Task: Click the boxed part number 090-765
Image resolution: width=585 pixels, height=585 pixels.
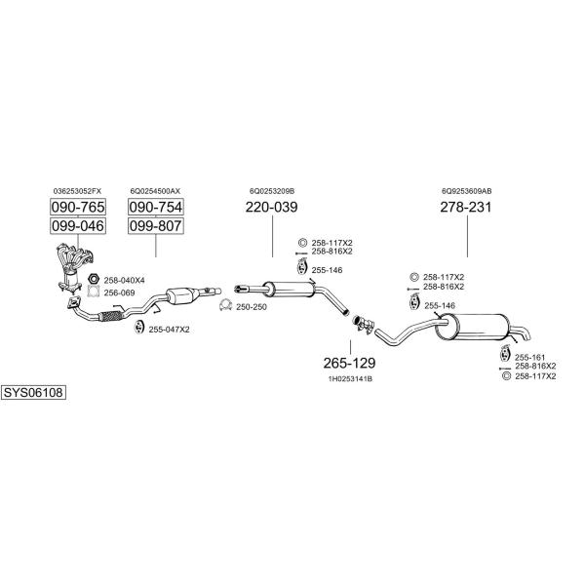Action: click(x=78, y=208)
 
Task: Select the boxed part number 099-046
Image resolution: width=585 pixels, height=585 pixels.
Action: click(x=78, y=227)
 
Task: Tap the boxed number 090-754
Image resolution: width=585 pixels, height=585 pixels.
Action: click(x=156, y=208)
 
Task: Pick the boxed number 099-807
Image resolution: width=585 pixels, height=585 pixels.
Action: click(x=156, y=227)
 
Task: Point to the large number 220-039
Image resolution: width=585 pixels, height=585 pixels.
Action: click(x=271, y=208)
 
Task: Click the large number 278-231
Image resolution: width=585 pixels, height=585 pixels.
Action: click(x=466, y=208)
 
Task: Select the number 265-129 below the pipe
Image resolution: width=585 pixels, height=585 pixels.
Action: click(x=350, y=363)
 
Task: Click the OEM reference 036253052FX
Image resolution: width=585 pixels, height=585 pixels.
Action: click(x=78, y=191)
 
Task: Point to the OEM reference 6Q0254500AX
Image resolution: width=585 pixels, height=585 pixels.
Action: click(x=156, y=191)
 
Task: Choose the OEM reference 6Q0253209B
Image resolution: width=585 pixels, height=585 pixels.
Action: click(x=272, y=191)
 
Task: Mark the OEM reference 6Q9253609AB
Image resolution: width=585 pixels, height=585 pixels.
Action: click(x=467, y=191)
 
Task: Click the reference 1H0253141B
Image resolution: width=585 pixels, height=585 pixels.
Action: click(x=350, y=378)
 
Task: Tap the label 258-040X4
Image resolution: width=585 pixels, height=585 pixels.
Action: click(x=124, y=280)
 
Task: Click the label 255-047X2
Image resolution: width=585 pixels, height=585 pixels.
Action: click(x=169, y=330)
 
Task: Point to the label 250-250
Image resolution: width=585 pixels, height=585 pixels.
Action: click(x=251, y=308)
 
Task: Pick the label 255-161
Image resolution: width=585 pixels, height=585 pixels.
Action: click(x=528, y=358)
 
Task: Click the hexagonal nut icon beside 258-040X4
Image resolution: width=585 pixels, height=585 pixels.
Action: click(x=94, y=280)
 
